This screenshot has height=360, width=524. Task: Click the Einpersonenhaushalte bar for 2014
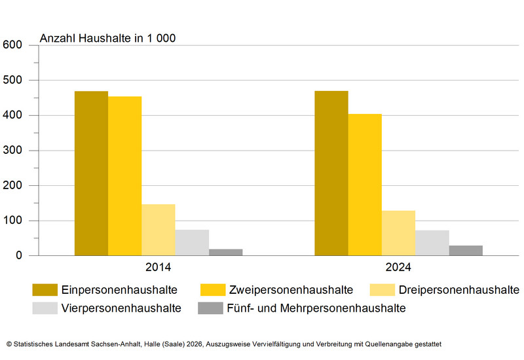[91, 173]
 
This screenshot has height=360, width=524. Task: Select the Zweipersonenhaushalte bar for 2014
[124, 176]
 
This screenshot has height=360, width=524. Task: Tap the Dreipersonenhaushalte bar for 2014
[159, 230]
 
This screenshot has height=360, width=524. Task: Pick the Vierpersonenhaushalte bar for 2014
[192, 243]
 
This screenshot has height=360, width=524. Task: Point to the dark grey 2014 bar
[225, 252]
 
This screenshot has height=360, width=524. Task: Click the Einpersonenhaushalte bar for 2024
[331, 173]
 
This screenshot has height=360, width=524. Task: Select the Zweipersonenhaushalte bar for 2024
[365, 185]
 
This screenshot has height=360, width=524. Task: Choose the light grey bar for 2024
[432, 243]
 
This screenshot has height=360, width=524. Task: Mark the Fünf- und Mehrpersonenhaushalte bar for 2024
[466, 251]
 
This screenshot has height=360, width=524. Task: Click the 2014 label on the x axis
[159, 268]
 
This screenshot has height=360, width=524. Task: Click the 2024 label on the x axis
[398, 268]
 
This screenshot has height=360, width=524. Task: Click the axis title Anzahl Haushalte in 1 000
[107, 38]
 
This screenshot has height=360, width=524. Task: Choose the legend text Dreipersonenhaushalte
[458, 289]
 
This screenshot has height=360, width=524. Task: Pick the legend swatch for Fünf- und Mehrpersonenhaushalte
[210, 308]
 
